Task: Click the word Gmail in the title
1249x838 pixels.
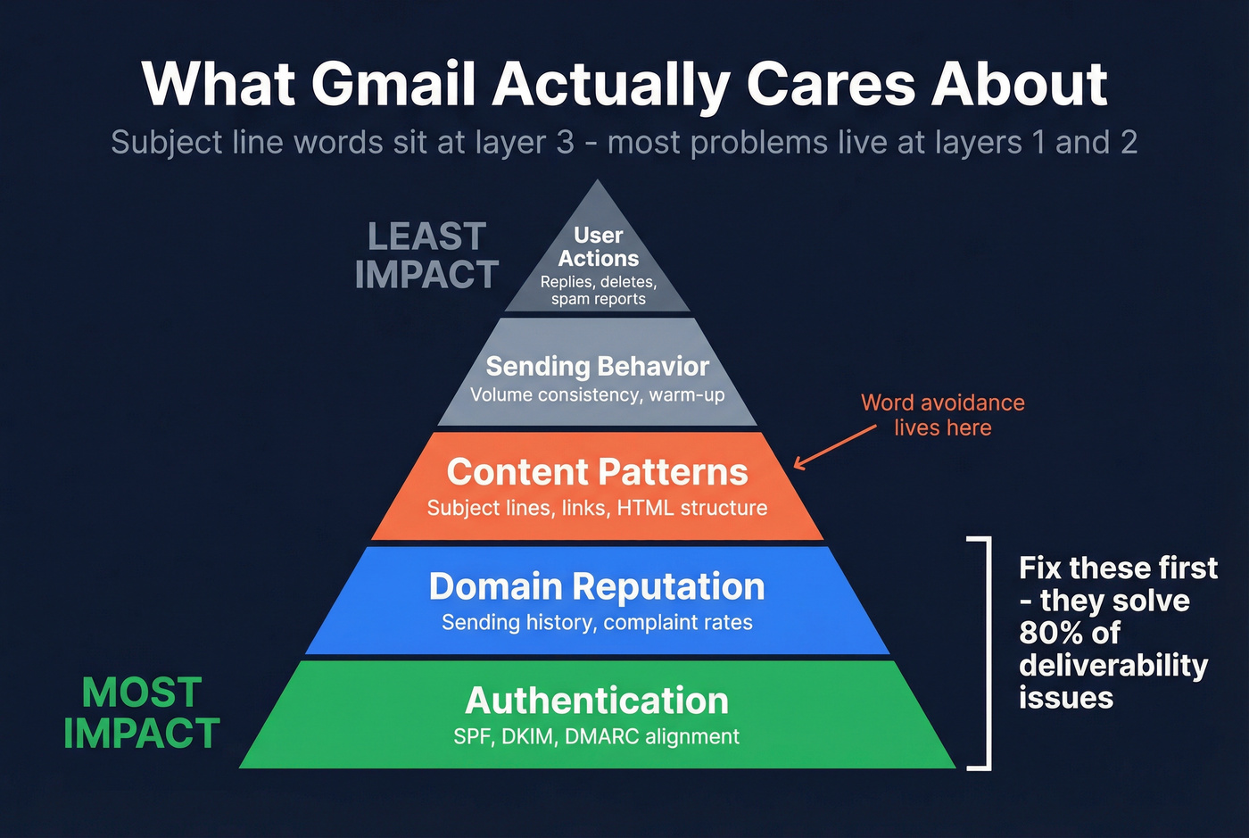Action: click(393, 85)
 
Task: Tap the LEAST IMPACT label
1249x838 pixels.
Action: click(426, 256)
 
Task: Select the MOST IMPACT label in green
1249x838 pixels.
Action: click(142, 713)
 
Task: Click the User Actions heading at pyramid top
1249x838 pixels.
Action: click(599, 246)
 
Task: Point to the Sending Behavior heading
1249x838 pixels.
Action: click(597, 366)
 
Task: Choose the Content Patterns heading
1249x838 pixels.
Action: click(597, 472)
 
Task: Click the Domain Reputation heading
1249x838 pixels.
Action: click(597, 586)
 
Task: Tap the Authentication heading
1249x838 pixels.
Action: click(597, 701)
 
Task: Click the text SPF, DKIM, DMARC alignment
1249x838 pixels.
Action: click(597, 737)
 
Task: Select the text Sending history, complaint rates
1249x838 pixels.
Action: click(597, 622)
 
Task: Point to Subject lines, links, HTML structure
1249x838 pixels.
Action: click(597, 508)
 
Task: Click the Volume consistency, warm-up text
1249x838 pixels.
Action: click(597, 394)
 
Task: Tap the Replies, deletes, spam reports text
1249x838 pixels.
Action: click(599, 290)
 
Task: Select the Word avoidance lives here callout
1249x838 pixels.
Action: click(943, 415)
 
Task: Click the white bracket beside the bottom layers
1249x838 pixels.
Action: click(987, 652)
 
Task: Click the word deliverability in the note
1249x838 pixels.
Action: click(1113, 665)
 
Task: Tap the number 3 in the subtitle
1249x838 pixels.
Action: click(565, 143)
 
